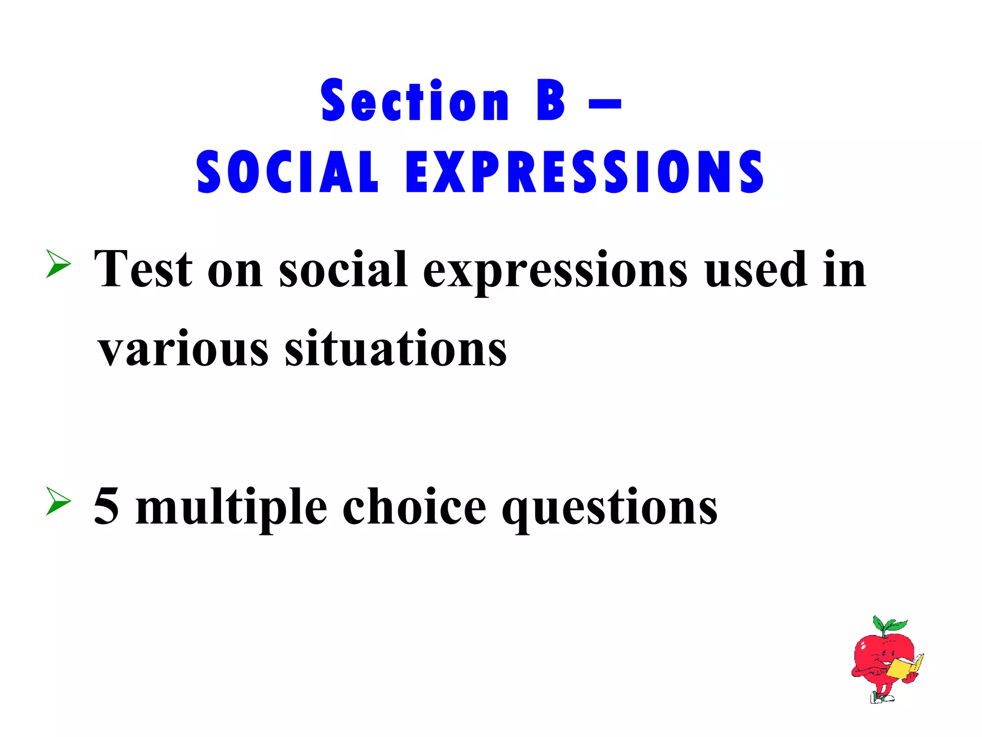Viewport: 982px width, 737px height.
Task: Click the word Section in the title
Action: click(415, 101)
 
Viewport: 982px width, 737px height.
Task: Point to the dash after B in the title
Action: click(605, 104)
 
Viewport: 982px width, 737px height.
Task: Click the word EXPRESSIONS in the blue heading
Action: click(585, 172)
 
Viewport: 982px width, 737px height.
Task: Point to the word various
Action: click(183, 349)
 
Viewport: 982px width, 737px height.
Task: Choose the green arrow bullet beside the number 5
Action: click(58, 501)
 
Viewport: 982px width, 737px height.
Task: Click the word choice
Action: click(414, 506)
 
